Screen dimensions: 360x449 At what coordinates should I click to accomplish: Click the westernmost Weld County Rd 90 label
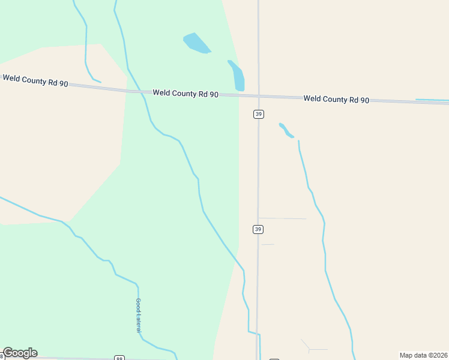(x=35, y=80)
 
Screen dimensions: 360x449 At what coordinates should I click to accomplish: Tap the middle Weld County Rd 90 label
(x=185, y=94)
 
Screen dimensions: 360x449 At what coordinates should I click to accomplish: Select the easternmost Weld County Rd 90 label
(x=336, y=99)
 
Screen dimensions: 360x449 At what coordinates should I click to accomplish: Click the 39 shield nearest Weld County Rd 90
(x=258, y=114)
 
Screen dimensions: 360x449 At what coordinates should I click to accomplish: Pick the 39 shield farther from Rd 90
(x=258, y=229)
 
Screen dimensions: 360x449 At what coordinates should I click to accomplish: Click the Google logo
(x=20, y=353)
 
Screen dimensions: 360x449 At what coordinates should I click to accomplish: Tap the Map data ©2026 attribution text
(x=423, y=355)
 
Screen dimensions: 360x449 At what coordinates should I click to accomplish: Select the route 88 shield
(x=119, y=358)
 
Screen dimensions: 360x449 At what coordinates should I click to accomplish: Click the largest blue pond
(x=196, y=43)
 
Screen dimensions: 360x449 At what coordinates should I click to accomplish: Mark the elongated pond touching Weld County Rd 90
(x=237, y=76)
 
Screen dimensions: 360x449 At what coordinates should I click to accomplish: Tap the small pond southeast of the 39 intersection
(x=286, y=130)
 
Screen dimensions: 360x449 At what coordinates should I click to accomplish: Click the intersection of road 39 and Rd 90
(x=258, y=96)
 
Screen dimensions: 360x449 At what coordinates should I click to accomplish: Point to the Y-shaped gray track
(x=310, y=348)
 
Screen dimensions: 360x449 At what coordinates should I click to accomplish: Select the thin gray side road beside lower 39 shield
(x=282, y=218)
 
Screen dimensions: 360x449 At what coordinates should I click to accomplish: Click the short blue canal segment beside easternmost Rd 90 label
(x=431, y=100)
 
